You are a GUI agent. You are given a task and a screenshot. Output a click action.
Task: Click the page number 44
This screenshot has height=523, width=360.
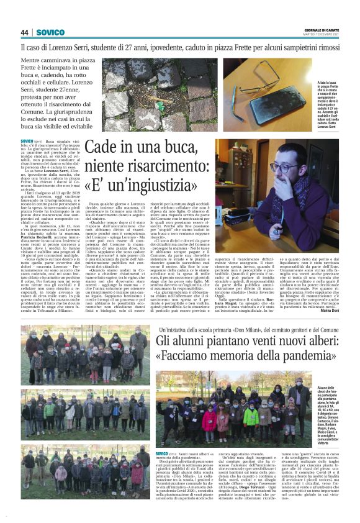click(25, 32)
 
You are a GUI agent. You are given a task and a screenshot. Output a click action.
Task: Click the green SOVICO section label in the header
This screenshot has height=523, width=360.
click(50, 32)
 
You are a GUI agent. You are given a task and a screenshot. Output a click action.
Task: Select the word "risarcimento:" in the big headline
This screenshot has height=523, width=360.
click(170, 166)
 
